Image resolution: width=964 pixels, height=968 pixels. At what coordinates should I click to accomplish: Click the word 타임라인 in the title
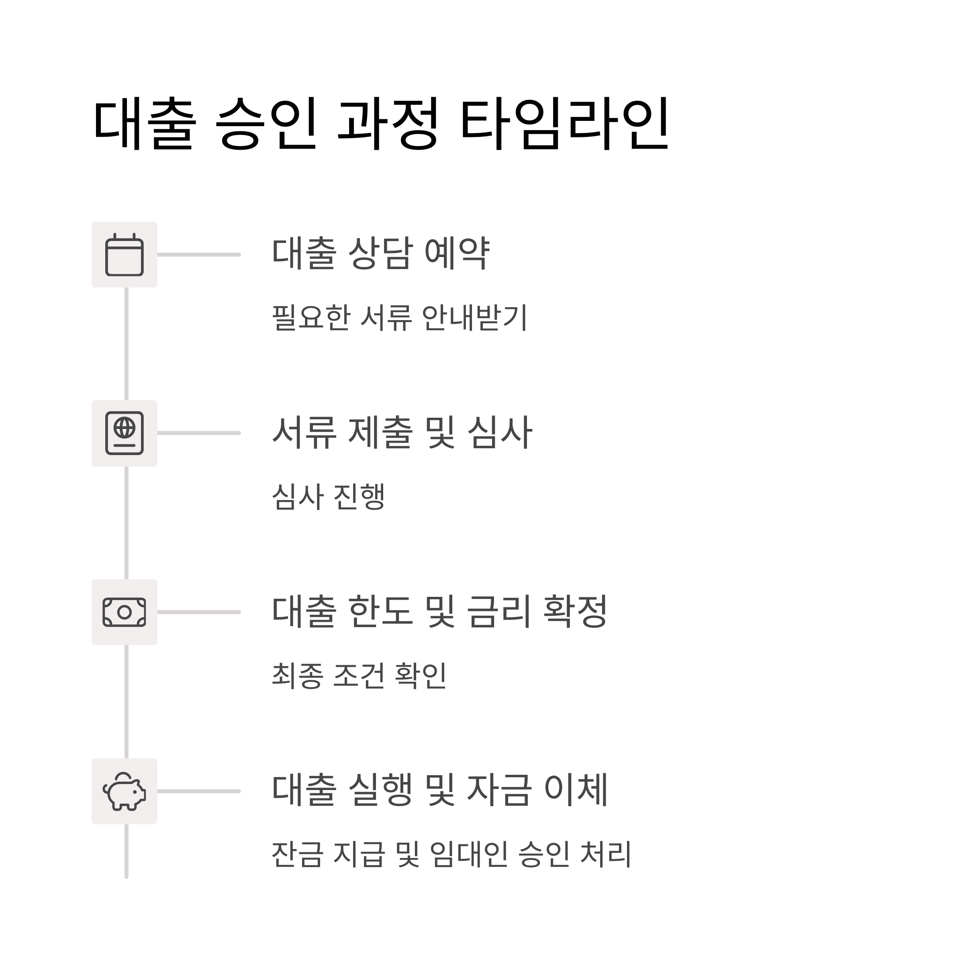(x=564, y=124)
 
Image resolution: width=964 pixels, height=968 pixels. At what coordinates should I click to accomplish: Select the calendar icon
(x=124, y=255)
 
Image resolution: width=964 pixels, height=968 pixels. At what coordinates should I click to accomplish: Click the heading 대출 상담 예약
(x=380, y=253)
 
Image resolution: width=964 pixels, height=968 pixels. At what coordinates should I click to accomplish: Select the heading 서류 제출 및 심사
(x=402, y=433)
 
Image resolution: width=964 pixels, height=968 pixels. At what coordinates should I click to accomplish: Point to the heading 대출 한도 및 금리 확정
(x=439, y=612)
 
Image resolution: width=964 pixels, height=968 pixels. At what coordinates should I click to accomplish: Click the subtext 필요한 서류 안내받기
(x=399, y=318)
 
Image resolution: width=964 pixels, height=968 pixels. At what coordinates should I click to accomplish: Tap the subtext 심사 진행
(x=328, y=497)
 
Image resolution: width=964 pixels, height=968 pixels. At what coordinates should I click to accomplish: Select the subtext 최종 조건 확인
(x=359, y=676)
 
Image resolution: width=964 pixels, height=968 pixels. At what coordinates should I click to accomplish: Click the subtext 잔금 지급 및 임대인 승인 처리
(x=451, y=855)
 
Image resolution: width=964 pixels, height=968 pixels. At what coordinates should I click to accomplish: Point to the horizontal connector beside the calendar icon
(x=199, y=255)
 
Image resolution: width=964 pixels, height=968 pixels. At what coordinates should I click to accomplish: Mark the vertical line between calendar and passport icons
(x=126, y=344)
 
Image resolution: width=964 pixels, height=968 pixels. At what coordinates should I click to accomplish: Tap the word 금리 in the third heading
(x=498, y=612)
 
